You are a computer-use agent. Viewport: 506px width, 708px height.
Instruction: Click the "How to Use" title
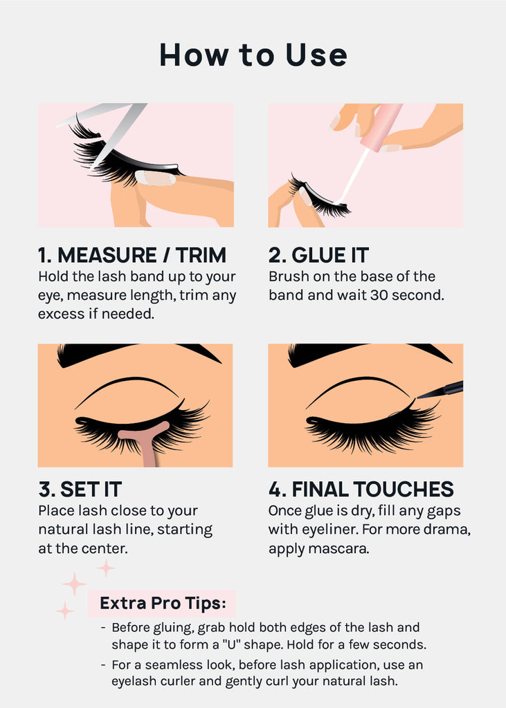pos(253,55)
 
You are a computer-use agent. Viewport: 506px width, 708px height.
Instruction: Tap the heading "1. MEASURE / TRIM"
pos(132,255)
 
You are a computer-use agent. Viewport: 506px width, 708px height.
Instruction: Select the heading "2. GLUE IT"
pos(319,255)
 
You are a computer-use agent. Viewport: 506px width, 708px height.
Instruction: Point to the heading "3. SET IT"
pos(80,490)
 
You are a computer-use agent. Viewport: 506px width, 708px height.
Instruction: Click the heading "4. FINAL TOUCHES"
pos(361,490)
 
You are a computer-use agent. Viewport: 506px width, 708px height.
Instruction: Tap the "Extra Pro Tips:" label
pos(162,603)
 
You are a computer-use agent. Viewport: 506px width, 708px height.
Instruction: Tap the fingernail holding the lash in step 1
pos(155,178)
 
